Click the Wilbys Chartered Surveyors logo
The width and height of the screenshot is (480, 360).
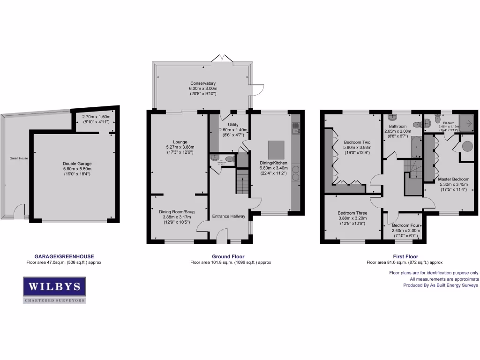(54, 289)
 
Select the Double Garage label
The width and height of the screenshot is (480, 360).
(77, 164)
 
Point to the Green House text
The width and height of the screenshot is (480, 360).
(19, 158)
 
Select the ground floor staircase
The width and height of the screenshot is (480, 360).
(241, 181)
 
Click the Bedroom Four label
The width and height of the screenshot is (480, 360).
(406, 225)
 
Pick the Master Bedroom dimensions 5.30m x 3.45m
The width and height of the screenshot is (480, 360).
(453, 185)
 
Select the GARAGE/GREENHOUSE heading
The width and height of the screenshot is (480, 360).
(64, 256)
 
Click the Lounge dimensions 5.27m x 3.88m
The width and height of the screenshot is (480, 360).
(180, 147)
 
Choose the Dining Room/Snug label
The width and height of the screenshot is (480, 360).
(180, 211)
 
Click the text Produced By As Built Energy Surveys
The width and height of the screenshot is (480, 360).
(434, 285)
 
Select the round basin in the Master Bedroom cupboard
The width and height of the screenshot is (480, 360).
(468, 146)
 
